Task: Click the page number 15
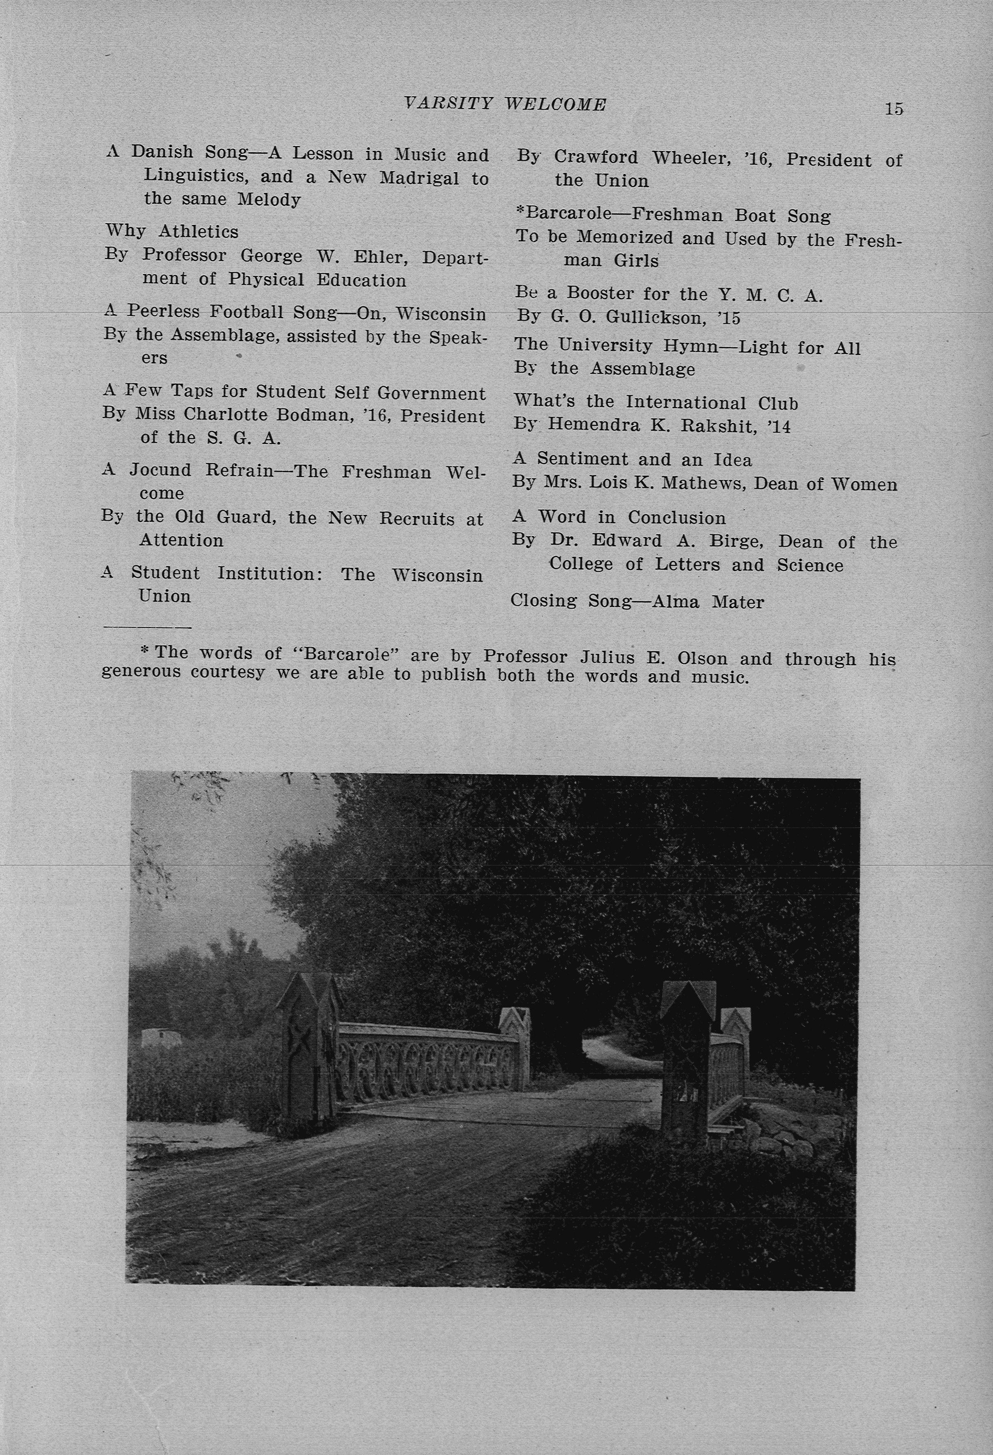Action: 893,109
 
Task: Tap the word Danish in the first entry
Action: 162,152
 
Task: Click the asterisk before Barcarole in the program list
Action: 520,212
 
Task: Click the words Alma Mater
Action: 708,602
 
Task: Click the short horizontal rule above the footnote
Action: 147,627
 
